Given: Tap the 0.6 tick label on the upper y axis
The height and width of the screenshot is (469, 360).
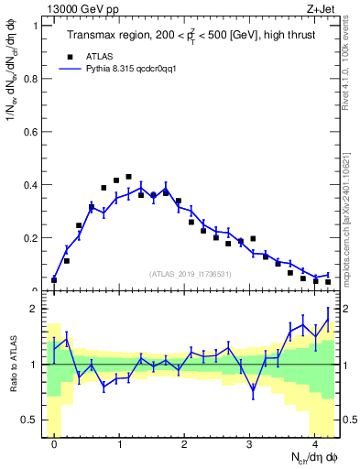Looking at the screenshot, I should coord(31,132).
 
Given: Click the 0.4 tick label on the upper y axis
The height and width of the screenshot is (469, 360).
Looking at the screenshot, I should coord(31,185).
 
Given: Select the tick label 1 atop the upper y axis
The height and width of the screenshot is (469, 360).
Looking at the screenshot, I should coord(35,26).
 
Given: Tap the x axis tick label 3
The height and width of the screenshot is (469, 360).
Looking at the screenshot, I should coord(249,446).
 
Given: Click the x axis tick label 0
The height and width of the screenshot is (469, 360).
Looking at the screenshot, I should coord(54,446).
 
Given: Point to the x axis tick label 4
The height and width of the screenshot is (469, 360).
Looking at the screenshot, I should coord(314,446).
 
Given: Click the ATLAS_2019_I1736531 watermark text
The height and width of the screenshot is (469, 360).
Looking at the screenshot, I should coord(191,274).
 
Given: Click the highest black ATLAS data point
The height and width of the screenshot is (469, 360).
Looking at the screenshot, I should coord(128,177).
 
